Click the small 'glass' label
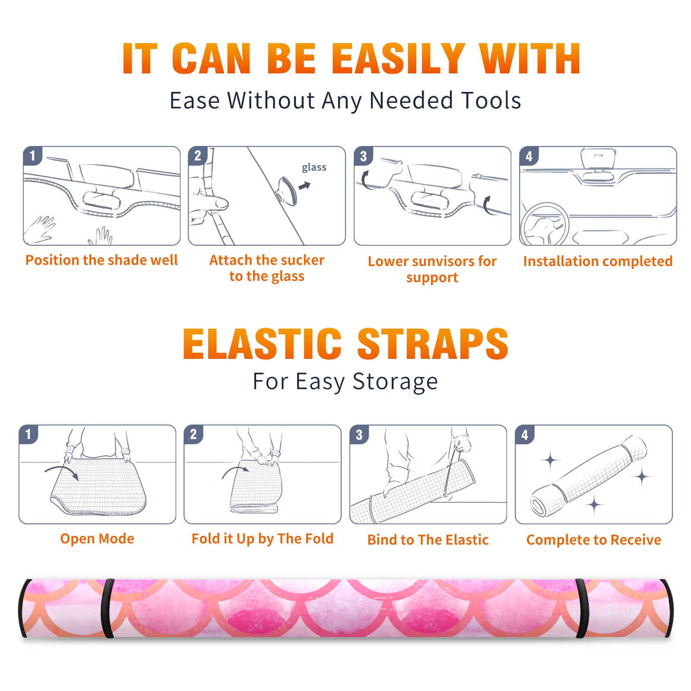point(314,168)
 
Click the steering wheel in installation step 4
point(545,224)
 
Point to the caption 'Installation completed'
point(598,261)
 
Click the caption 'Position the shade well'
point(101,260)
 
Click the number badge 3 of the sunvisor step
point(363,156)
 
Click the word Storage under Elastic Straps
point(395,382)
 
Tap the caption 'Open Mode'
point(97,539)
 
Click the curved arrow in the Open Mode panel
point(62,471)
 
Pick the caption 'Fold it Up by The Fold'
point(263,539)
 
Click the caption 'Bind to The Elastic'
point(428,540)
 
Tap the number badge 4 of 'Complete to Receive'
point(525,434)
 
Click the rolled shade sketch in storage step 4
point(589,476)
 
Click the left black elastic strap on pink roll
point(107,609)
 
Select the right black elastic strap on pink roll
point(581,609)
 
